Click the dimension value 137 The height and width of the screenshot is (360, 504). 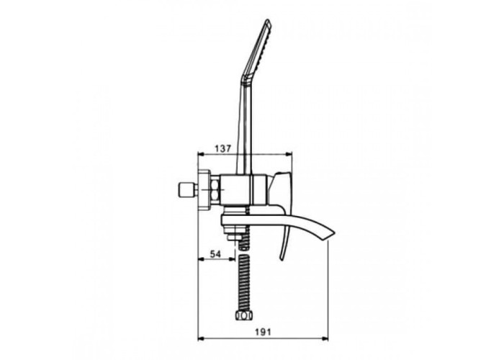click(x=222, y=148)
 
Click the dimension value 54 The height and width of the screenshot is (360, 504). click(x=215, y=254)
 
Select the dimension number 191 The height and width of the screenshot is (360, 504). click(x=263, y=332)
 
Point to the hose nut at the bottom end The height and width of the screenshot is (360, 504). click(x=243, y=315)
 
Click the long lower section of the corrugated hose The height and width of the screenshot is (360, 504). click(x=244, y=282)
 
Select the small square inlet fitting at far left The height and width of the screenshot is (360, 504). click(x=186, y=190)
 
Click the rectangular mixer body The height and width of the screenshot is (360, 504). click(x=243, y=190)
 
